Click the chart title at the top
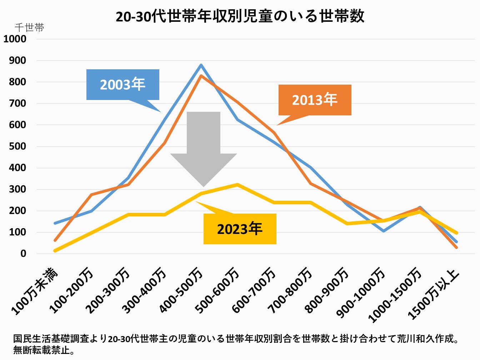(240, 16)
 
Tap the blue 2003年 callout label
(122, 84)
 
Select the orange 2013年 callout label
(315, 100)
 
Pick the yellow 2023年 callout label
(240, 229)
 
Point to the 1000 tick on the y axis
(15, 39)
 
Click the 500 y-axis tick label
(18, 146)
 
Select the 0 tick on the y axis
(23, 254)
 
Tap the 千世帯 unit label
(29, 27)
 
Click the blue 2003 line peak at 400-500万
(201, 65)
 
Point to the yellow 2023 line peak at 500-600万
(237, 185)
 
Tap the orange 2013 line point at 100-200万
(92, 195)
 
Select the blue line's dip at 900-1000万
(383, 231)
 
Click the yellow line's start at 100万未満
(55, 251)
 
